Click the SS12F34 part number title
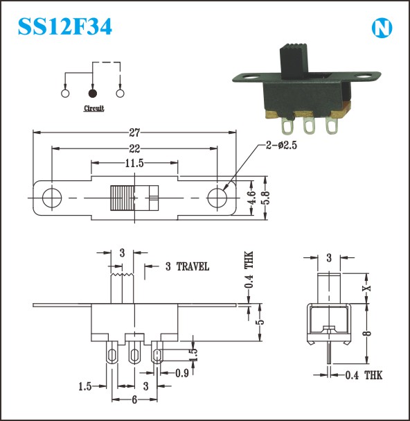(x=65, y=26)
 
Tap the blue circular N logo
(x=382, y=28)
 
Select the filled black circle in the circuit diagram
(x=93, y=93)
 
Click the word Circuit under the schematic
(x=94, y=108)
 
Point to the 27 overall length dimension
(x=134, y=132)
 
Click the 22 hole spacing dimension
(x=134, y=148)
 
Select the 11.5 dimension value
(x=134, y=163)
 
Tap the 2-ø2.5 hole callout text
(x=282, y=145)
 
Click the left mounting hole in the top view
(x=52, y=198)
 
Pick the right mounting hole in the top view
(x=217, y=198)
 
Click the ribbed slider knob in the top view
(x=122, y=198)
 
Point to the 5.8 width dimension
(x=266, y=198)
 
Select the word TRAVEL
(x=193, y=266)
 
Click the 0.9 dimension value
(x=182, y=373)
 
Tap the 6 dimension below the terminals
(x=134, y=399)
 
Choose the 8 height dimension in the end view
(x=368, y=334)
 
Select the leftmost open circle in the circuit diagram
(x=65, y=93)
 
